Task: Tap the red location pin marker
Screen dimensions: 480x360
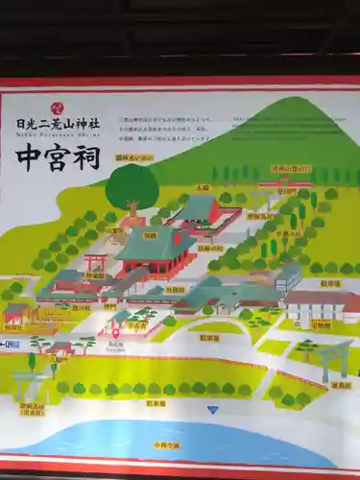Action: click(115, 332)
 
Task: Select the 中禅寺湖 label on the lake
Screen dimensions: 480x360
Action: click(165, 446)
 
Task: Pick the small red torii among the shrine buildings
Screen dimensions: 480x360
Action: click(95, 261)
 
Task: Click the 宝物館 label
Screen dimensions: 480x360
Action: click(322, 325)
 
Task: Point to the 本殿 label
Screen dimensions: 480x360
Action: click(203, 188)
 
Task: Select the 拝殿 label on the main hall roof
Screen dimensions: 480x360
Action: click(150, 234)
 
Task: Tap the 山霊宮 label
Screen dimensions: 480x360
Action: click(114, 230)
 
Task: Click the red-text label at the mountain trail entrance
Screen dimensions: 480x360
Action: click(290, 169)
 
